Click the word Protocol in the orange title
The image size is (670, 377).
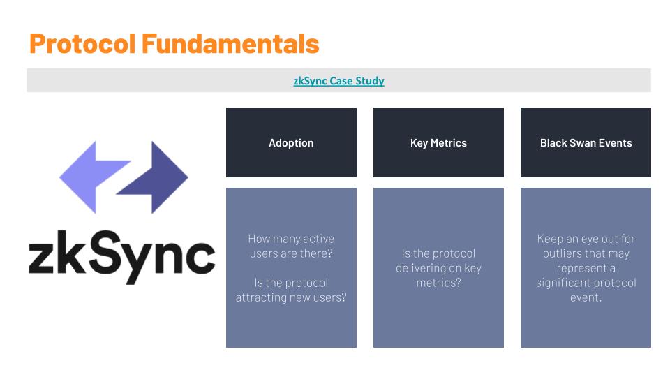pyautogui.click(x=82, y=43)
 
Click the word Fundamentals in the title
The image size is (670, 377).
pyautogui.click(x=230, y=43)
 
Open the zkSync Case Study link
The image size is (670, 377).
pyautogui.click(x=339, y=81)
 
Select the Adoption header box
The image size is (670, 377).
pyautogui.click(x=291, y=142)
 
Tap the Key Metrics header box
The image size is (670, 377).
pyautogui.click(x=438, y=142)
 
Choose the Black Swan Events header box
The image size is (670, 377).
pyautogui.click(x=586, y=142)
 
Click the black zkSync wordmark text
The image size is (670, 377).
pyautogui.click(x=121, y=257)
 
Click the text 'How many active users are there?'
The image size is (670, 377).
pyautogui.click(x=291, y=246)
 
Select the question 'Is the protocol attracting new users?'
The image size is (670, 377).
pyautogui.click(x=291, y=290)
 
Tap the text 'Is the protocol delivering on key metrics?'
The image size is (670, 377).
pyautogui.click(x=438, y=268)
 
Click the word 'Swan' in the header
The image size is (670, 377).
pyautogui.click(x=582, y=142)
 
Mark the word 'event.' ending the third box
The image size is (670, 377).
pyautogui.click(x=586, y=297)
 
